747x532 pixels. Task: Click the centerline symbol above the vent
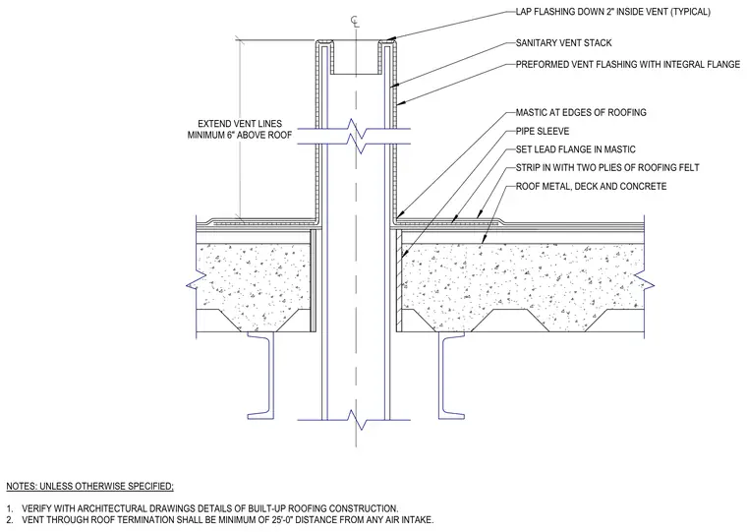(355, 21)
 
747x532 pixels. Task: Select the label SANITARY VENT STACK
(563, 43)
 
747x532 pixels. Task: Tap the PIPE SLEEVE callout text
(543, 131)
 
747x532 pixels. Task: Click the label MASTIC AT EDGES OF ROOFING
(581, 112)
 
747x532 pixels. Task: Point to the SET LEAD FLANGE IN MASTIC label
(576, 149)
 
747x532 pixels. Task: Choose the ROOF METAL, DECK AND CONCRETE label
(591, 187)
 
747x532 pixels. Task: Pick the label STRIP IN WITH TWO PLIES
(607, 168)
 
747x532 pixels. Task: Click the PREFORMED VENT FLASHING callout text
(628, 64)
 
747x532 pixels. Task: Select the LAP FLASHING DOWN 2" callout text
(612, 12)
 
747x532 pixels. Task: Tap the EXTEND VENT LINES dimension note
(240, 129)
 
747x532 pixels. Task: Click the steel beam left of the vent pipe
(262, 376)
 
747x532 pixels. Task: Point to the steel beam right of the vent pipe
(451, 376)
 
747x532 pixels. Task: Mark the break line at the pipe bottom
(354, 420)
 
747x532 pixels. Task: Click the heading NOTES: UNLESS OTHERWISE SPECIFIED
(90, 487)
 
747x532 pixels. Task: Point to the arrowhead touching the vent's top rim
(389, 39)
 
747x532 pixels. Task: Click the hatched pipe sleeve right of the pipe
(399, 281)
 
